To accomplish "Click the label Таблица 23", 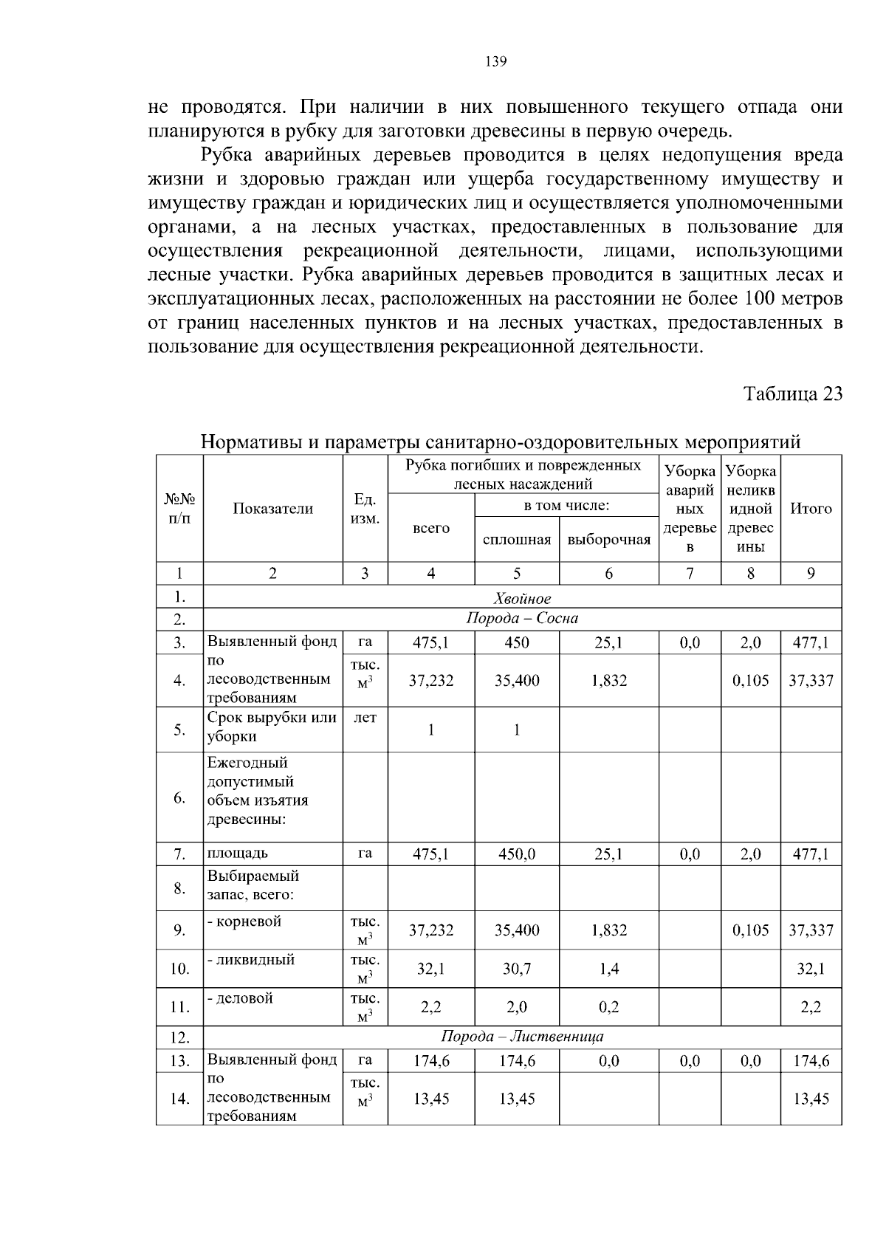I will tap(792, 393).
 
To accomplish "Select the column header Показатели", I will tap(272, 509).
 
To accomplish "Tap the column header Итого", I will tap(811, 509).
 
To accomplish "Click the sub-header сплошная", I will tap(516, 540).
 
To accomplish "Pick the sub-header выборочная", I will tap(608, 540).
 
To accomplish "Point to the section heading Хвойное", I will tap(522, 598).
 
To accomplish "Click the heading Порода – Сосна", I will tap(522, 619).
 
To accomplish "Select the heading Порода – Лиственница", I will tap(522, 1037).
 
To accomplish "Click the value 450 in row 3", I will tap(516, 643).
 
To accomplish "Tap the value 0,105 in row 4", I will tap(750, 681).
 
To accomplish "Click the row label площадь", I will tap(237, 854).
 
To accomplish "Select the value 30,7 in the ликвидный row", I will tap(516, 969).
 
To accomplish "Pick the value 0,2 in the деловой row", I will tap(608, 1007).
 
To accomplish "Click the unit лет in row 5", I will tap(365, 718).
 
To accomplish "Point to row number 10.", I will tap(179, 969).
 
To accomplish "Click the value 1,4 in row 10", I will tap(608, 969).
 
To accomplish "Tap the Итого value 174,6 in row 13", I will tap(811, 1062).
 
